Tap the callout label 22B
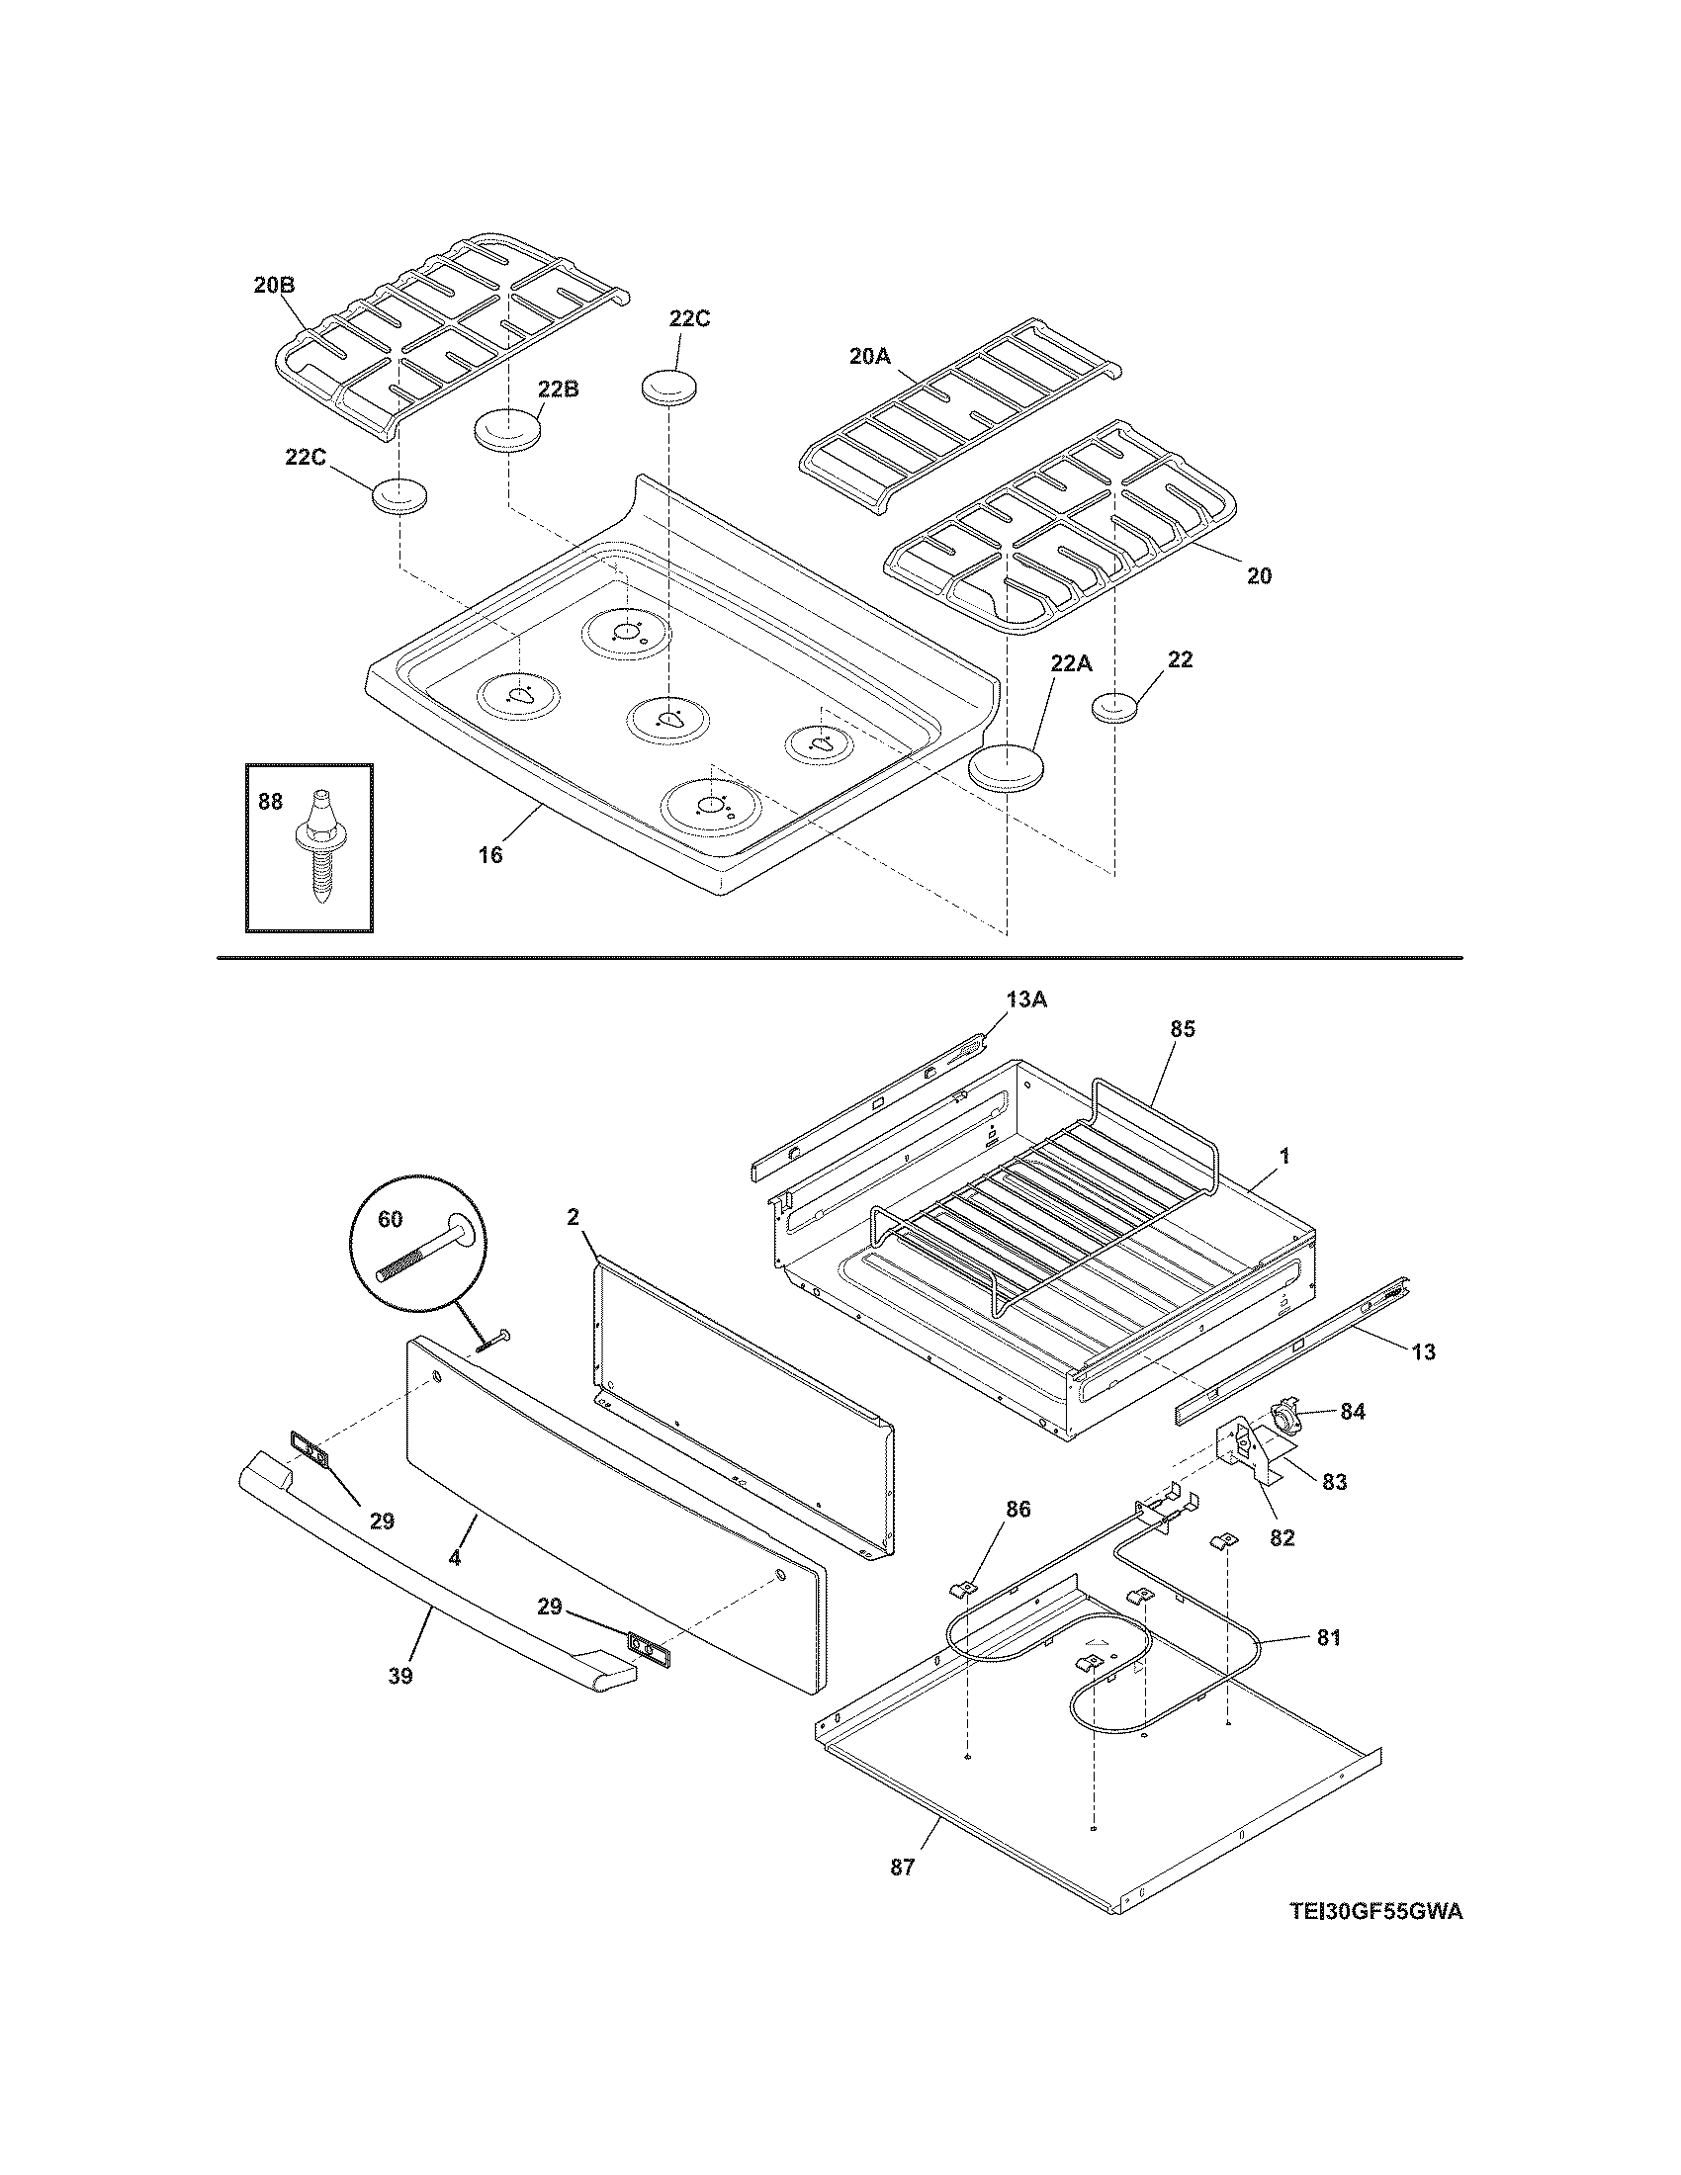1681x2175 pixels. click(558, 390)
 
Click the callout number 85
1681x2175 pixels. click(1182, 1030)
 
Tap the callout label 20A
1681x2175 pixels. click(869, 356)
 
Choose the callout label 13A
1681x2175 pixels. click(1026, 1000)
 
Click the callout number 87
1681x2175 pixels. click(902, 1868)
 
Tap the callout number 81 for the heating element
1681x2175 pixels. click(1328, 1637)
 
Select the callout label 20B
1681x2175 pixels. click(274, 285)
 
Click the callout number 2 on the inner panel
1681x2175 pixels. click(574, 1216)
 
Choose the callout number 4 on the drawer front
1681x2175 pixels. click(454, 1559)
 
